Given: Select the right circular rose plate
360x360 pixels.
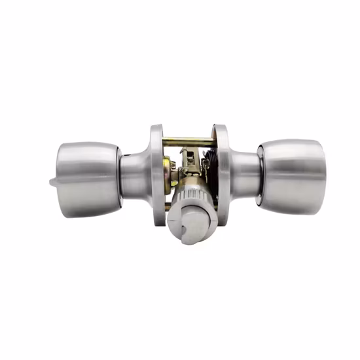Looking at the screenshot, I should point(223,173).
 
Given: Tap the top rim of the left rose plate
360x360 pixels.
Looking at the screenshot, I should point(156,128).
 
